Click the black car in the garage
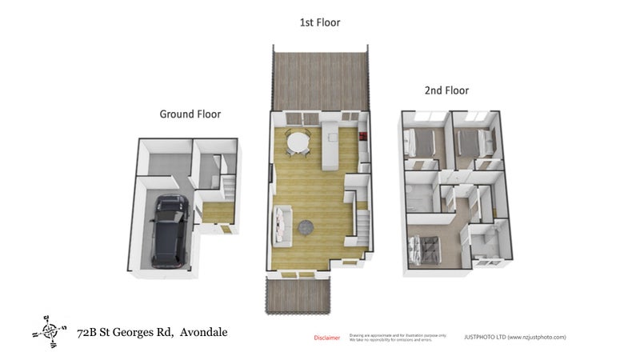point(169,230)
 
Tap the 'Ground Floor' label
point(190,114)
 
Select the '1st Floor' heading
point(319,22)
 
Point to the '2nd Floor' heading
point(446,90)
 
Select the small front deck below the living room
point(296,296)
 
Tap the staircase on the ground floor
point(228,189)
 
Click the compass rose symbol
point(50,330)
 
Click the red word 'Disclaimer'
point(326,338)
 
